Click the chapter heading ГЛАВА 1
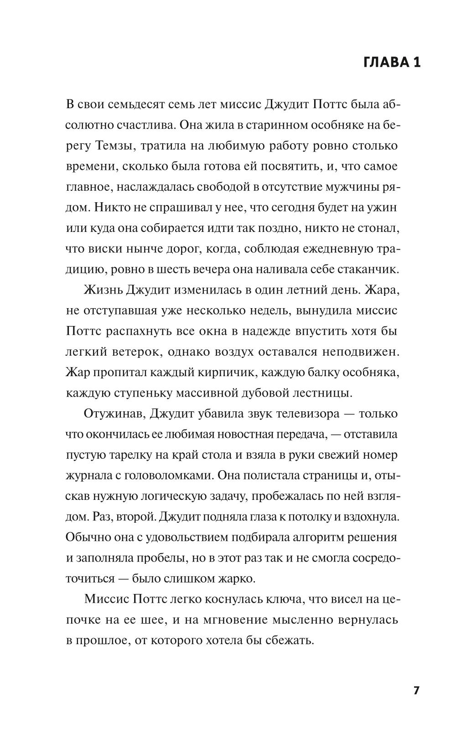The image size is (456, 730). [392, 63]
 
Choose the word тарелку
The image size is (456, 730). [127, 455]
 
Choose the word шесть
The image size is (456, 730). [181, 269]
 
